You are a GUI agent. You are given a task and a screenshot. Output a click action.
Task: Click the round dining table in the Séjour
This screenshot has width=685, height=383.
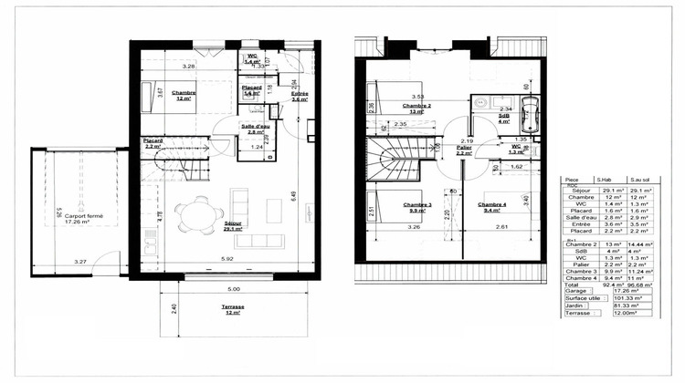click(193, 216)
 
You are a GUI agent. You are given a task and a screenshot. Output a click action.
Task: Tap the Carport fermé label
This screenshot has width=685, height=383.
click(83, 220)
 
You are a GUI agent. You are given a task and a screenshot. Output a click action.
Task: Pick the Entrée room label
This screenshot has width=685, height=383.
click(300, 97)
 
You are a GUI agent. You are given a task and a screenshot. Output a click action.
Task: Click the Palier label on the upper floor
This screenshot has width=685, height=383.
click(464, 150)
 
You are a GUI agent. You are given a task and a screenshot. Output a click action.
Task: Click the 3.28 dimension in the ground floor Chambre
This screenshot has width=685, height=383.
click(188, 66)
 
